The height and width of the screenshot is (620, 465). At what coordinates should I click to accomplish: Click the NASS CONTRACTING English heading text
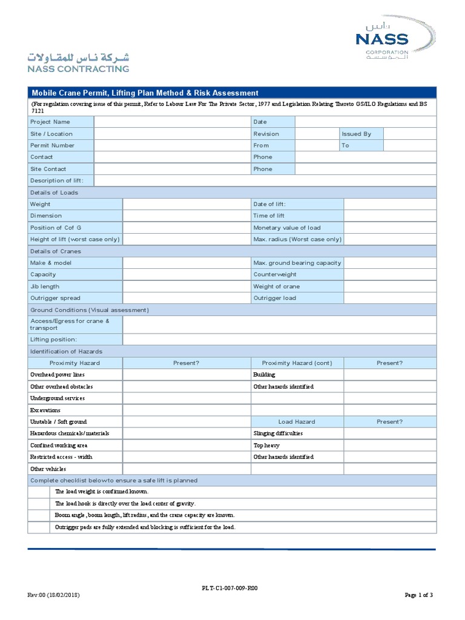pos(77,69)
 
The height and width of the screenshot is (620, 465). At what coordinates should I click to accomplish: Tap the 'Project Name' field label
pos(50,122)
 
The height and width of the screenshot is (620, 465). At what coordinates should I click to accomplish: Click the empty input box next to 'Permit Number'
pos(173,145)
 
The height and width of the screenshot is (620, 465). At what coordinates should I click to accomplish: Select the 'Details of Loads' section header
pos(54,193)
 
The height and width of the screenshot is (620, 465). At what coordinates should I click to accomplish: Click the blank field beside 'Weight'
pos(186,204)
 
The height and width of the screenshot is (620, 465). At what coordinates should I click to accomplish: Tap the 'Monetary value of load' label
pos(286,228)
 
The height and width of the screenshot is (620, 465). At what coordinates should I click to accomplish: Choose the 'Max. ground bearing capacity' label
pos(297,263)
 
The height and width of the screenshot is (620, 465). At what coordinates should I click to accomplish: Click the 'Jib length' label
pos(45,286)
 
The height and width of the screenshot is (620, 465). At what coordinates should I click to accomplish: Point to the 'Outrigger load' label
pos(274,298)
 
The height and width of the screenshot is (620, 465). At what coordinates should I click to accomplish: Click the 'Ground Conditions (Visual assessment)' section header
pos(89,310)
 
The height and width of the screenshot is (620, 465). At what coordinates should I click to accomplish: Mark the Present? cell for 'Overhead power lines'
pos(186,375)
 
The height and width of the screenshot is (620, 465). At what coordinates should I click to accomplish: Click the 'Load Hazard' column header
pos(297,421)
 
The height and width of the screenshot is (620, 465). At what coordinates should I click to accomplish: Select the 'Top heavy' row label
pos(266,445)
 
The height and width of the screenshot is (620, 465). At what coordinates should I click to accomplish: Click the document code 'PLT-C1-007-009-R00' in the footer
pos(233,588)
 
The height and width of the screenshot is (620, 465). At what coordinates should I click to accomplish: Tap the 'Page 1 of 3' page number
pos(419,595)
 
